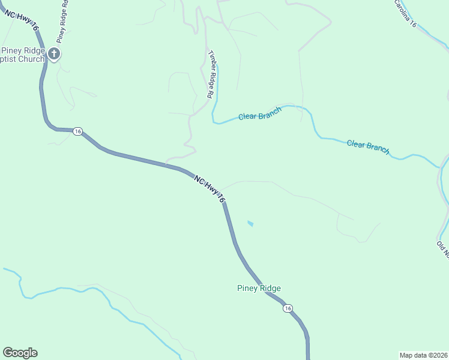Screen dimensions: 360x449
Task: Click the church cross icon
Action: click(54, 54)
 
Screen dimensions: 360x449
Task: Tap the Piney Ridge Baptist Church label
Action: click(22, 55)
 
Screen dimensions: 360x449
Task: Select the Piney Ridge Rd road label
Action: click(62, 20)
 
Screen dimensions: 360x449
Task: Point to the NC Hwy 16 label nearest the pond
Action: click(209, 188)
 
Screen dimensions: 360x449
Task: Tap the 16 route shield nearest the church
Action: click(77, 131)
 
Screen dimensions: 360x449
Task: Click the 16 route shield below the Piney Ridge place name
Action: click(289, 308)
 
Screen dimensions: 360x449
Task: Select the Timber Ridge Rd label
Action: click(211, 74)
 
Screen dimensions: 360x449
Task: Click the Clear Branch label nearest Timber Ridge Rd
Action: click(260, 116)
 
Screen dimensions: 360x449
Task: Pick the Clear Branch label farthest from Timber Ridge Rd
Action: click(368, 146)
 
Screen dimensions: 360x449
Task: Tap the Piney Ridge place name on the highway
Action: click(258, 288)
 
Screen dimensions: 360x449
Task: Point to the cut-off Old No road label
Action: click(443, 247)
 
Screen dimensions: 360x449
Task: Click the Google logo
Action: click(20, 353)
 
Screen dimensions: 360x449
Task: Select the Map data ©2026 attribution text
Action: click(424, 355)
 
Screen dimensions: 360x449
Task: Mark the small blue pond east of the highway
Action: click(250, 224)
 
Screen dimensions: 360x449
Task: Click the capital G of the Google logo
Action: click(8, 353)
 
